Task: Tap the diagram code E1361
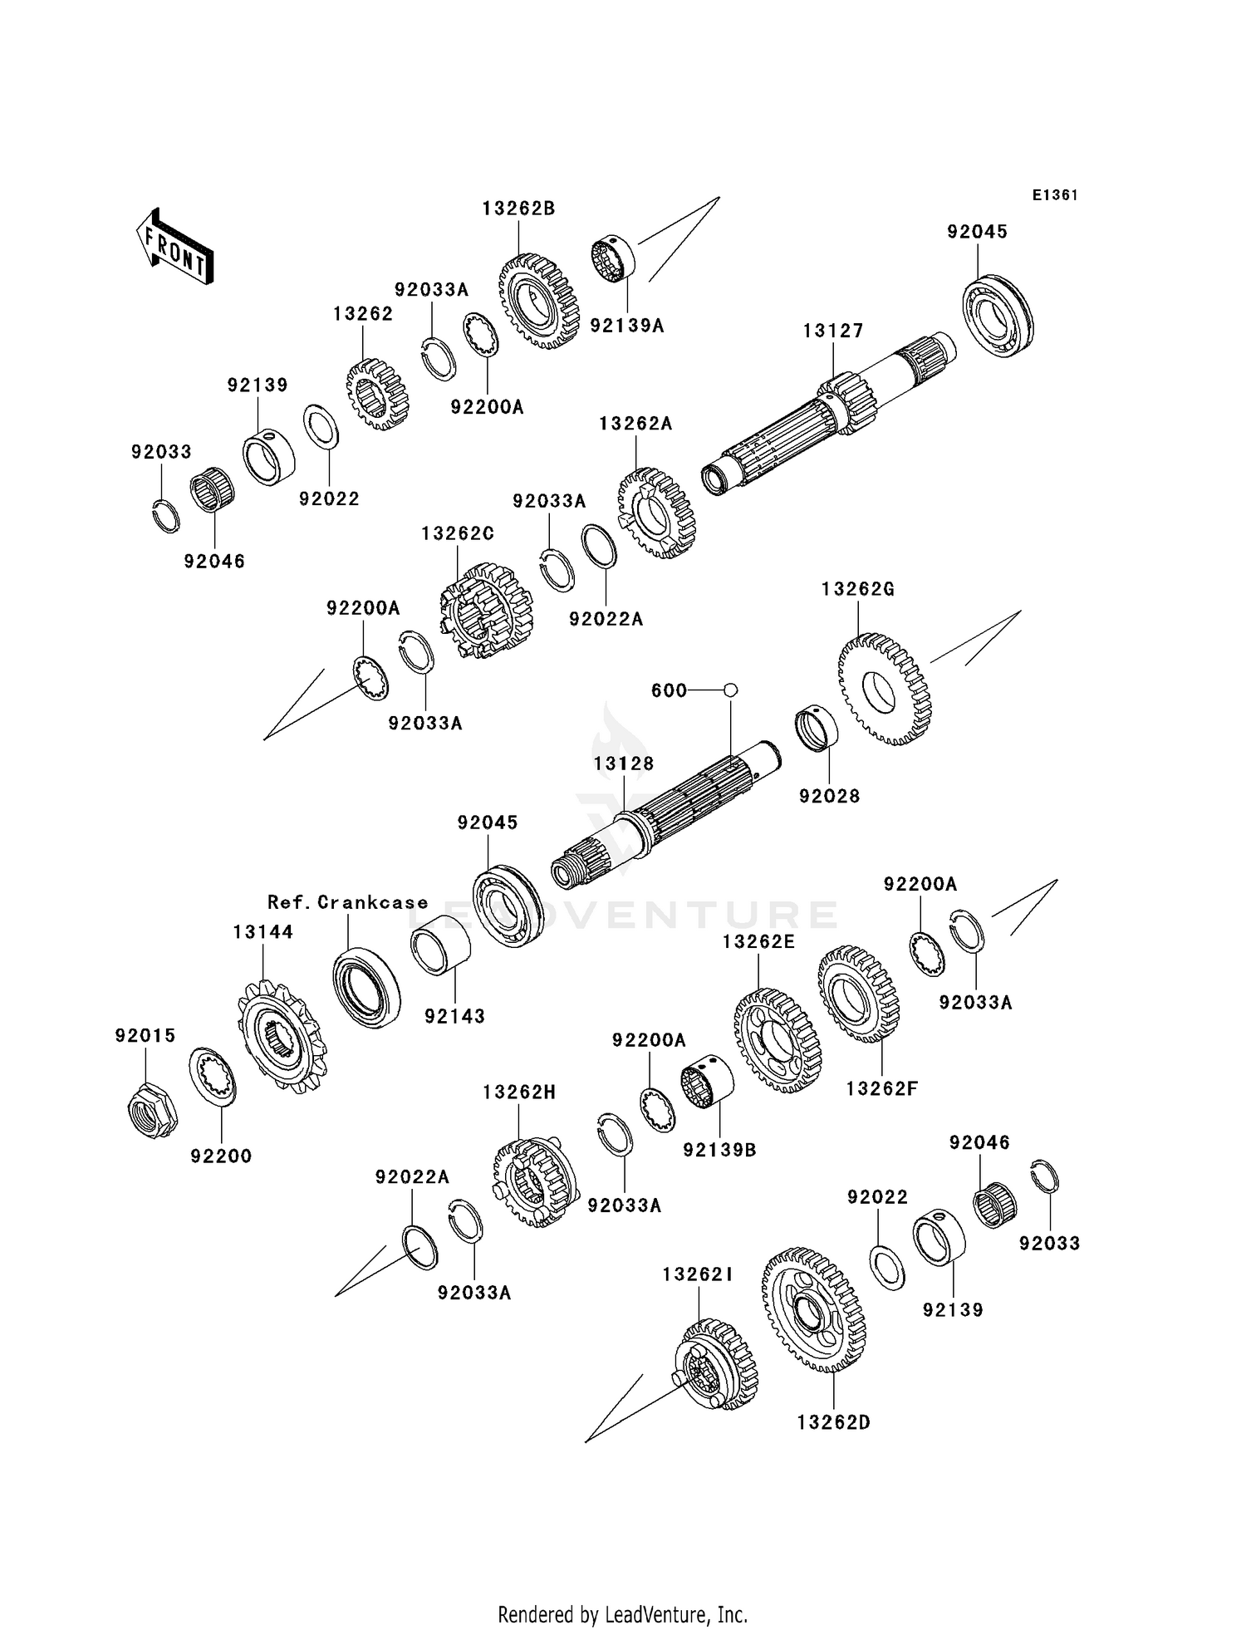coord(1055,195)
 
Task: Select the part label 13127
coord(832,331)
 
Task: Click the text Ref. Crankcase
coord(348,902)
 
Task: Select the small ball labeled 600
coord(730,690)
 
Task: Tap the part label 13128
coord(623,763)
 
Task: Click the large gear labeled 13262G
coord(885,690)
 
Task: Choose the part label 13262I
coord(698,1274)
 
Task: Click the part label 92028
coord(829,796)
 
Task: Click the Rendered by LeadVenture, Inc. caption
coord(622,1614)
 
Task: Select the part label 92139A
coord(627,326)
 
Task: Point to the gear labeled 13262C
coord(485,611)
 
